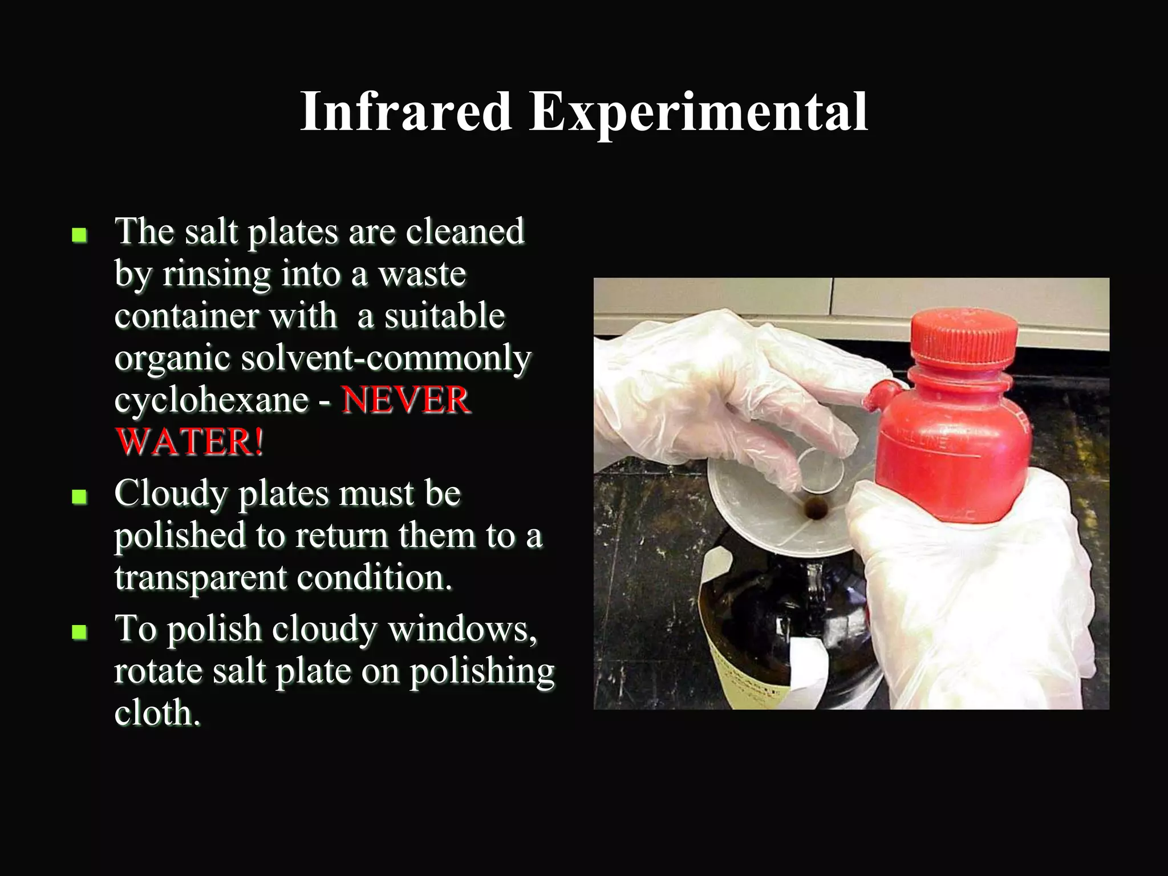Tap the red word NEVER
(406, 400)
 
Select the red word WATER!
(189, 442)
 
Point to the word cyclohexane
(211, 400)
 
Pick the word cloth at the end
(157, 713)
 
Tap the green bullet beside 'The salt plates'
(79, 235)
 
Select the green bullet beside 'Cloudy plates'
(79, 497)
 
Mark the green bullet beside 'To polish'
(79, 632)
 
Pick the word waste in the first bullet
(422, 274)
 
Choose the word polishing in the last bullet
(482, 671)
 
